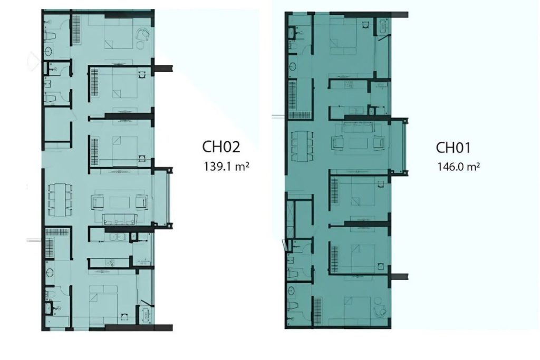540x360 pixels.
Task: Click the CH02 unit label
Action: pyautogui.click(x=221, y=147)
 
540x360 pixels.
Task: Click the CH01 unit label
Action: pyautogui.click(x=453, y=148)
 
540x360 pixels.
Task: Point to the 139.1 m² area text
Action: pyautogui.click(x=226, y=167)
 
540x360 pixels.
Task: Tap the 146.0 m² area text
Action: pyautogui.click(x=458, y=167)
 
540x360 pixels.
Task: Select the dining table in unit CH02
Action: pyautogui.click(x=60, y=200)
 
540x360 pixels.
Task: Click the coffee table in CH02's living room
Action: pyautogui.click(x=119, y=202)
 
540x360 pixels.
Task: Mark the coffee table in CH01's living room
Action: pyautogui.click(x=358, y=143)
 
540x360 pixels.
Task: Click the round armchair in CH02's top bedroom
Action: pyautogui.click(x=143, y=35)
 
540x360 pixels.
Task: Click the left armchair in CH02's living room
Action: pyautogui.click(x=97, y=202)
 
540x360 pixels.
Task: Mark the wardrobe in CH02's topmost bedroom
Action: pyautogui.click(x=76, y=30)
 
